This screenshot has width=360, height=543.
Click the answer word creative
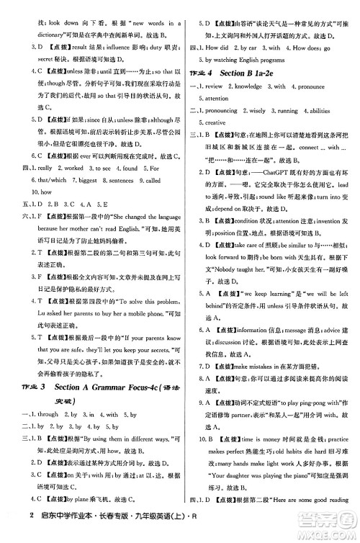pyautogui.click(x=215, y=123)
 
